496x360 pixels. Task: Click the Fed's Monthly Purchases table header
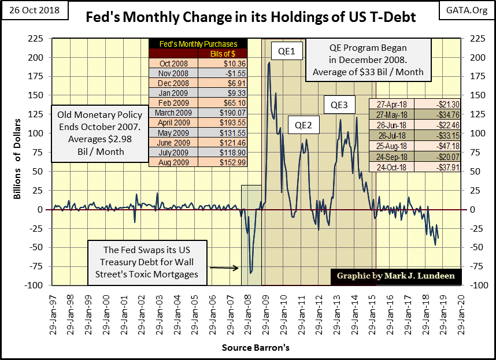coord(197,44)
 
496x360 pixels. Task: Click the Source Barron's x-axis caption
coord(255,348)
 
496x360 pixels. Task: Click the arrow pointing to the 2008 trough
coord(225,268)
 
